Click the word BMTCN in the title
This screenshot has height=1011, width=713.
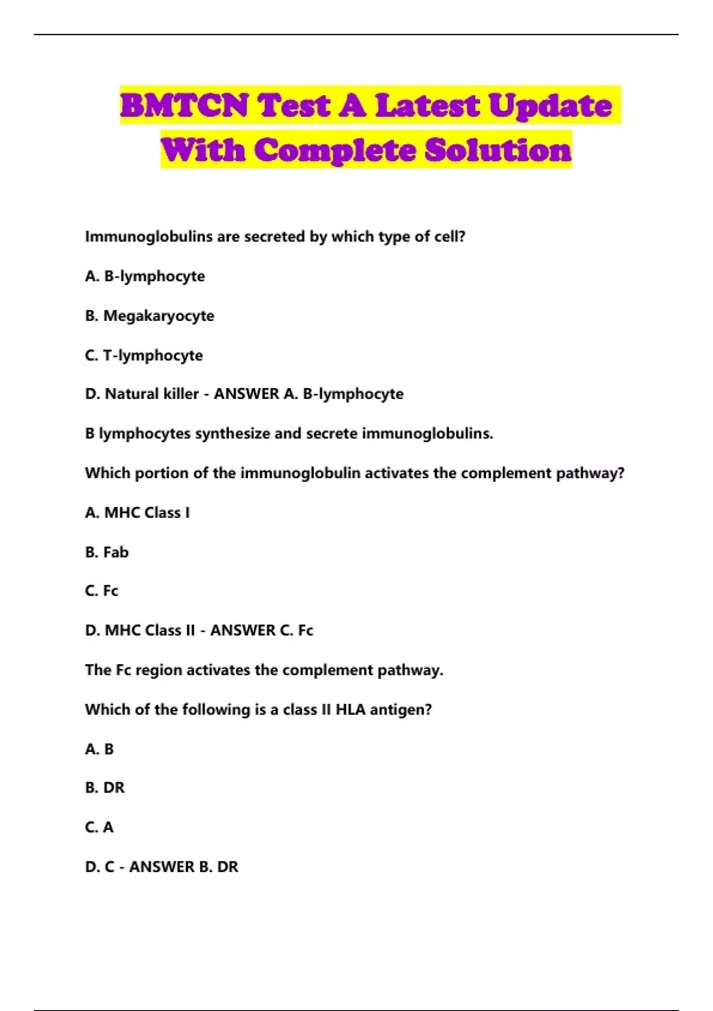184,106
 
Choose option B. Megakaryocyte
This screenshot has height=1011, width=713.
150,316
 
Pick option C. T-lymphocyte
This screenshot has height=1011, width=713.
144,356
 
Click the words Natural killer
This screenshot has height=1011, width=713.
152,394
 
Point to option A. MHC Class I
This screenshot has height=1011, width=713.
137,513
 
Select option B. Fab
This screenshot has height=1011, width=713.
107,552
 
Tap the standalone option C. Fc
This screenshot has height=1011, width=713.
102,591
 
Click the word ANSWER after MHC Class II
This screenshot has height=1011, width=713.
242,630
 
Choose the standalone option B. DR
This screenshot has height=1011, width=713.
105,788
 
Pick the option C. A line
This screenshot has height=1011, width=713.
99,827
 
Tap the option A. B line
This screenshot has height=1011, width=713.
99,749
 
